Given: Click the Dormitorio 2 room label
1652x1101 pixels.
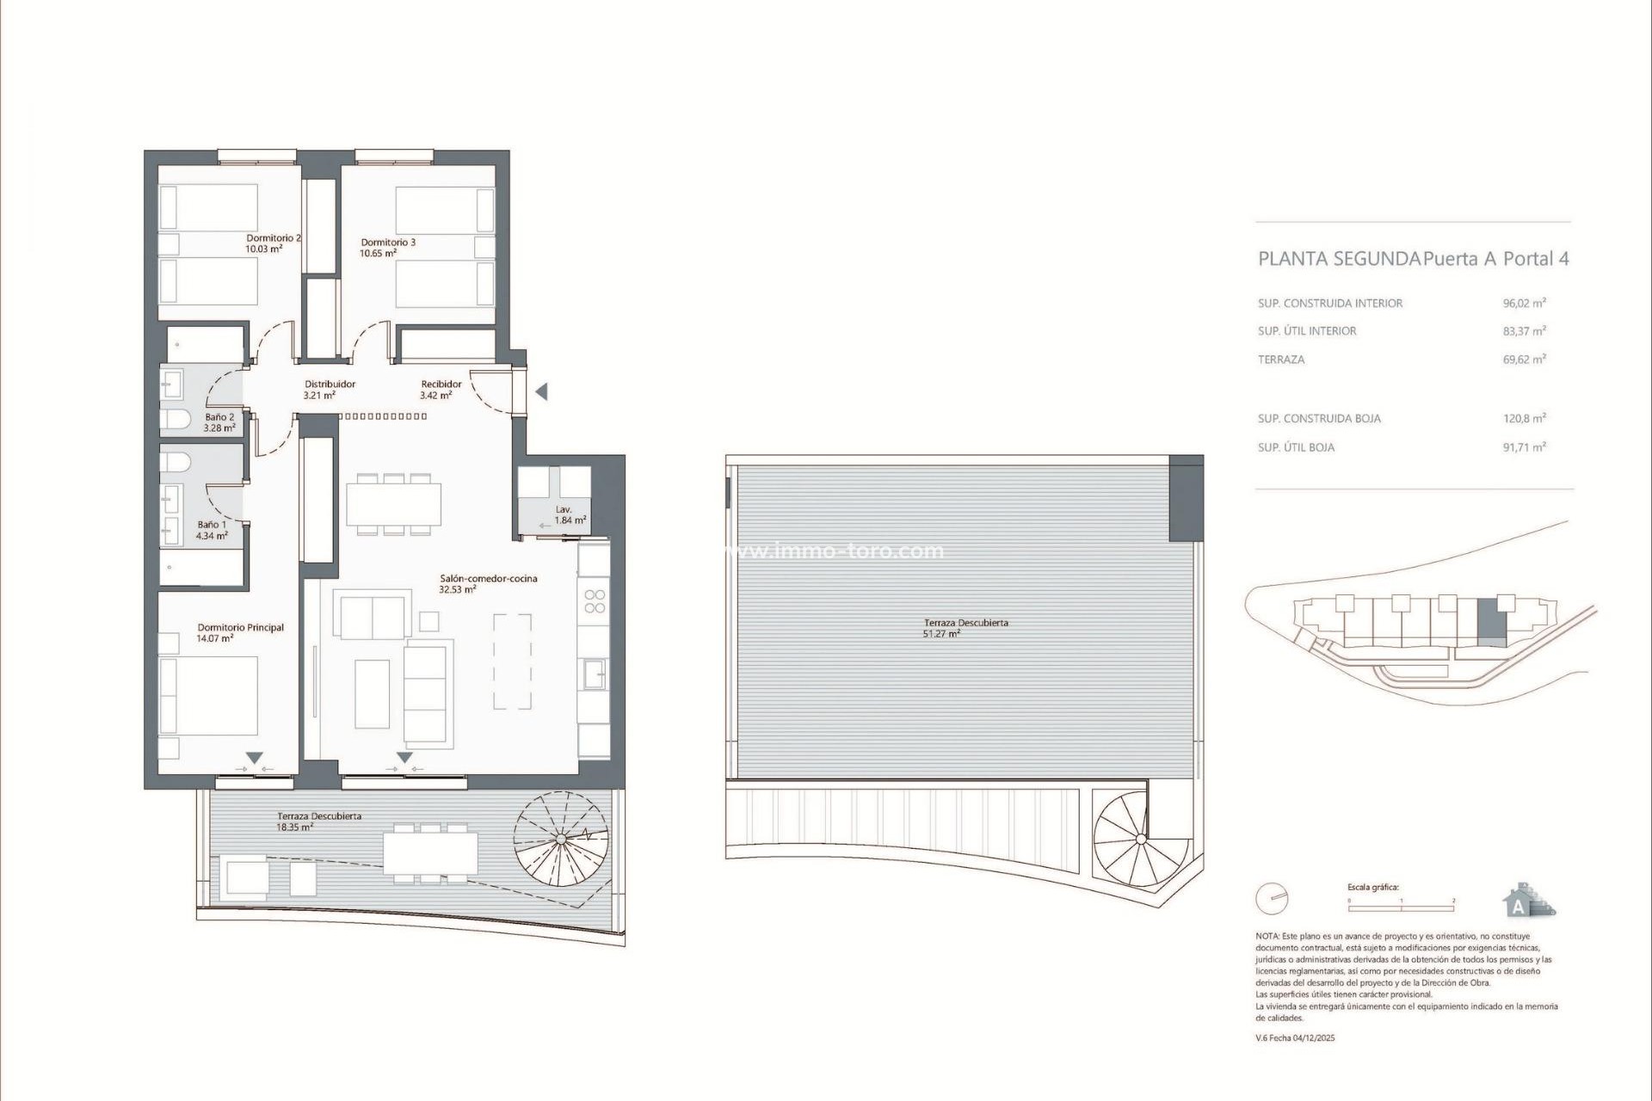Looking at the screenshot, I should (x=273, y=238).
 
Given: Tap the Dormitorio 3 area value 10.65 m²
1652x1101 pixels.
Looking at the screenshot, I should (x=378, y=254).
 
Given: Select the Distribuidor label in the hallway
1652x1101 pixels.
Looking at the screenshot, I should (x=330, y=384).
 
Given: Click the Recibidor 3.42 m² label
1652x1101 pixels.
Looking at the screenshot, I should (x=441, y=390).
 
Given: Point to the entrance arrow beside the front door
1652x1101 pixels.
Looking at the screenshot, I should (x=541, y=392).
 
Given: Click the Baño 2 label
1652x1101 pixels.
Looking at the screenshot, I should (x=219, y=417).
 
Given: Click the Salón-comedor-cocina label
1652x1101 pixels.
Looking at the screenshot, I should (x=488, y=579).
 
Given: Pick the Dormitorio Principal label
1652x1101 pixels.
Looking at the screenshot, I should (x=240, y=628).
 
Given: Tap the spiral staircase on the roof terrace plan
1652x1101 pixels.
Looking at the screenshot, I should (x=1140, y=838).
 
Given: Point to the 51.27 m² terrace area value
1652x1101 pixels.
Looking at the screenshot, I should (x=941, y=634).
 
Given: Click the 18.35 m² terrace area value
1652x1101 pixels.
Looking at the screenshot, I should (x=294, y=827).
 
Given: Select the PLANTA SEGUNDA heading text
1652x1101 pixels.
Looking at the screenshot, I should (x=1338, y=259).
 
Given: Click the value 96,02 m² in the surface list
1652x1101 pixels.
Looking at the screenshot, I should (x=1524, y=303).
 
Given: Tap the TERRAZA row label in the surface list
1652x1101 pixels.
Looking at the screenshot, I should (x=1281, y=360).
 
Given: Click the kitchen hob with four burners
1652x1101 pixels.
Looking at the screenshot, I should (x=595, y=600).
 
